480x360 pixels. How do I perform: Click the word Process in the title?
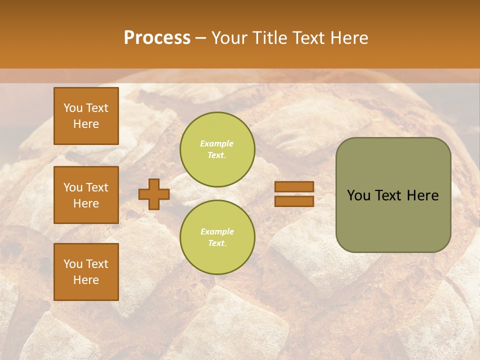[157, 38]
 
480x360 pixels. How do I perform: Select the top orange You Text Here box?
[86, 116]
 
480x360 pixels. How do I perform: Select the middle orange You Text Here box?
[86, 195]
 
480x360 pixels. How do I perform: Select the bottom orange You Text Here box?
[86, 271]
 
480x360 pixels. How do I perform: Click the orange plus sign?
[154, 194]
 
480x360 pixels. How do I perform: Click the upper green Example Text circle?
[217, 149]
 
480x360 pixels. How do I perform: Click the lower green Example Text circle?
[217, 237]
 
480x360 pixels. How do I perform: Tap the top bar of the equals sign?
[294, 186]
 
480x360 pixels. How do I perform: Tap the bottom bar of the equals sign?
[294, 201]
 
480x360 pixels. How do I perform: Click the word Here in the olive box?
[422, 195]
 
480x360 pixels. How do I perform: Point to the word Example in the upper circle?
[217, 143]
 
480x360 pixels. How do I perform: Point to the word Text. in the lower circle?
[217, 243]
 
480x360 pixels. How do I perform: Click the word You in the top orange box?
[73, 108]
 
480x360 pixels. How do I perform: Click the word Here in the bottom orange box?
[86, 280]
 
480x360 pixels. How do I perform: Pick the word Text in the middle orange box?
[96, 187]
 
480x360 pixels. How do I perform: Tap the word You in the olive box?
[358, 195]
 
